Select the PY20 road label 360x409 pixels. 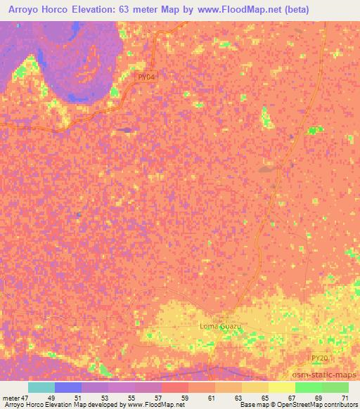click(x=320, y=358)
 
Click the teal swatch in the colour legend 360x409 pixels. click(x=41, y=387)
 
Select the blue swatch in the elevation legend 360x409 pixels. click(x=68, y=387)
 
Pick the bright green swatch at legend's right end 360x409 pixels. click(x=335, y=387)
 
